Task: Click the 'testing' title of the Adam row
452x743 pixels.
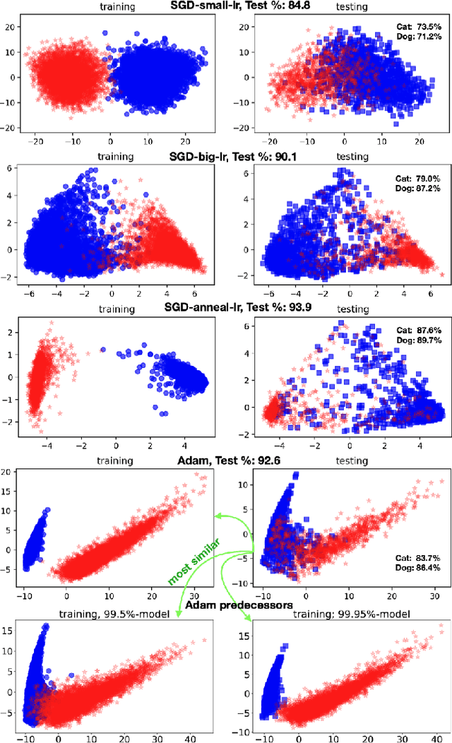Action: (x=352, y=461)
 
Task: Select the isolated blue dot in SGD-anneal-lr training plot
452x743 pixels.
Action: (x=103, y=350)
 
